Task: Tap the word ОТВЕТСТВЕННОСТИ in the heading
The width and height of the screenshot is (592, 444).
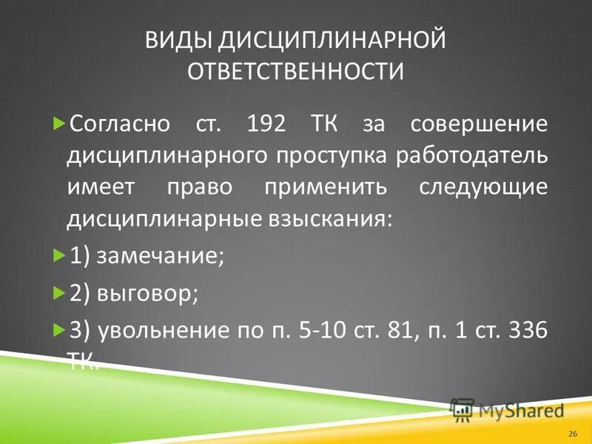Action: [296, 72]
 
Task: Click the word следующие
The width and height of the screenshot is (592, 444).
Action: [484, 186]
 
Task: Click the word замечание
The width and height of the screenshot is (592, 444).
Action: [159, 258]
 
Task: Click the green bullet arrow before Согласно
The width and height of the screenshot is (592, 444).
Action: [60, 123]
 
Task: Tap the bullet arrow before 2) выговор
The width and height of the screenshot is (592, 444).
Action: [60, 293]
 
